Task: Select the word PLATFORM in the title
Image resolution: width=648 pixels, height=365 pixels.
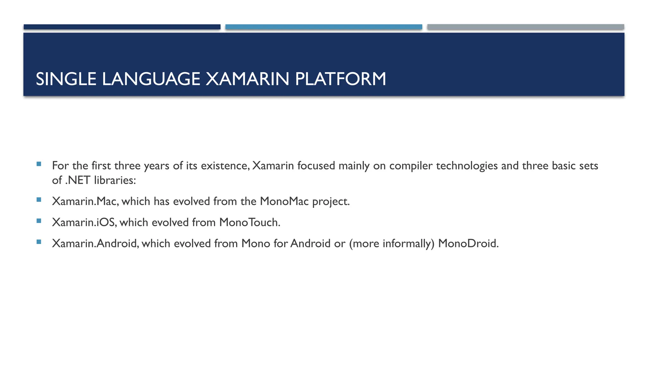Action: point(340,79)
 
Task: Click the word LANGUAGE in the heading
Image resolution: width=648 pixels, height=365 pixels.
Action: point(151,79)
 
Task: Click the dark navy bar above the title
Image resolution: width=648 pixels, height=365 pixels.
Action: point(122,27)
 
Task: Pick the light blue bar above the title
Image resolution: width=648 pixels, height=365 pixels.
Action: point(323,27)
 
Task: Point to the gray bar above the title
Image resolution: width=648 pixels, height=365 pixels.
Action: point(526,27)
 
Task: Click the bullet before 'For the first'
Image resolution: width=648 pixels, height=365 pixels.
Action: point(39,164)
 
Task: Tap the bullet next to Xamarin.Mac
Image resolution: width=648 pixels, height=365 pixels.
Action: point(39,200)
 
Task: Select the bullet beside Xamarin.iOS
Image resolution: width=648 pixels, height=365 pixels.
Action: point(39,221)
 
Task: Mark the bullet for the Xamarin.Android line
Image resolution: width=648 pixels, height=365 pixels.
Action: point(39,242)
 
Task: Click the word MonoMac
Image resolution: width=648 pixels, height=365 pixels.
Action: point(284,202)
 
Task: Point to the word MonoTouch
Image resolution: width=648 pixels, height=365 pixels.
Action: point(250,222)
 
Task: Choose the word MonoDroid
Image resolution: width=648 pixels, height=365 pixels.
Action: point(468,243)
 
